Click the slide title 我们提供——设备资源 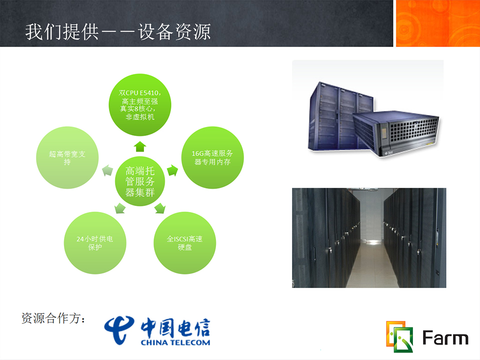pyautogui.click(x=118, y=32)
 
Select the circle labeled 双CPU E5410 pyautogui.click(x=140, y=104)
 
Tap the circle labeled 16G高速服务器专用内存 pyautogui.click(x=212, y=157)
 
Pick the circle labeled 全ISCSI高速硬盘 pyautogui.click(x=184, y=243)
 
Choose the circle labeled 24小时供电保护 pyautogui.click(x=95, y=243)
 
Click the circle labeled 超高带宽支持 pyautogui.click(x=67, y=157)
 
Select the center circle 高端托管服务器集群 pyautogui.click(x=140, y=181)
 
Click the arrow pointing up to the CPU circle pyautogui.click(x=140, y=146)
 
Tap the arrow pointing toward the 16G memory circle pyautogui.click(x=172, y=170)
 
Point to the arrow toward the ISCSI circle pyautogui.click(x=160, y=208)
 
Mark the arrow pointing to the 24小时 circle pyautogui.click(x=119, y=208)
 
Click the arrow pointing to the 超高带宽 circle pyautogui.click(x=107, y=170)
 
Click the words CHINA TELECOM pyautogui.click(x=175, y=342)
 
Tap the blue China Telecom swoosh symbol pyautogui.click(x=118, y=329)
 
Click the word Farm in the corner pyautogui.click(x=445, y=337)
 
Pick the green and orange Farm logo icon pyautogui.click(x=399, y=336)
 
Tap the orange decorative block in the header pyautogui.click(x=438, y=23)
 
